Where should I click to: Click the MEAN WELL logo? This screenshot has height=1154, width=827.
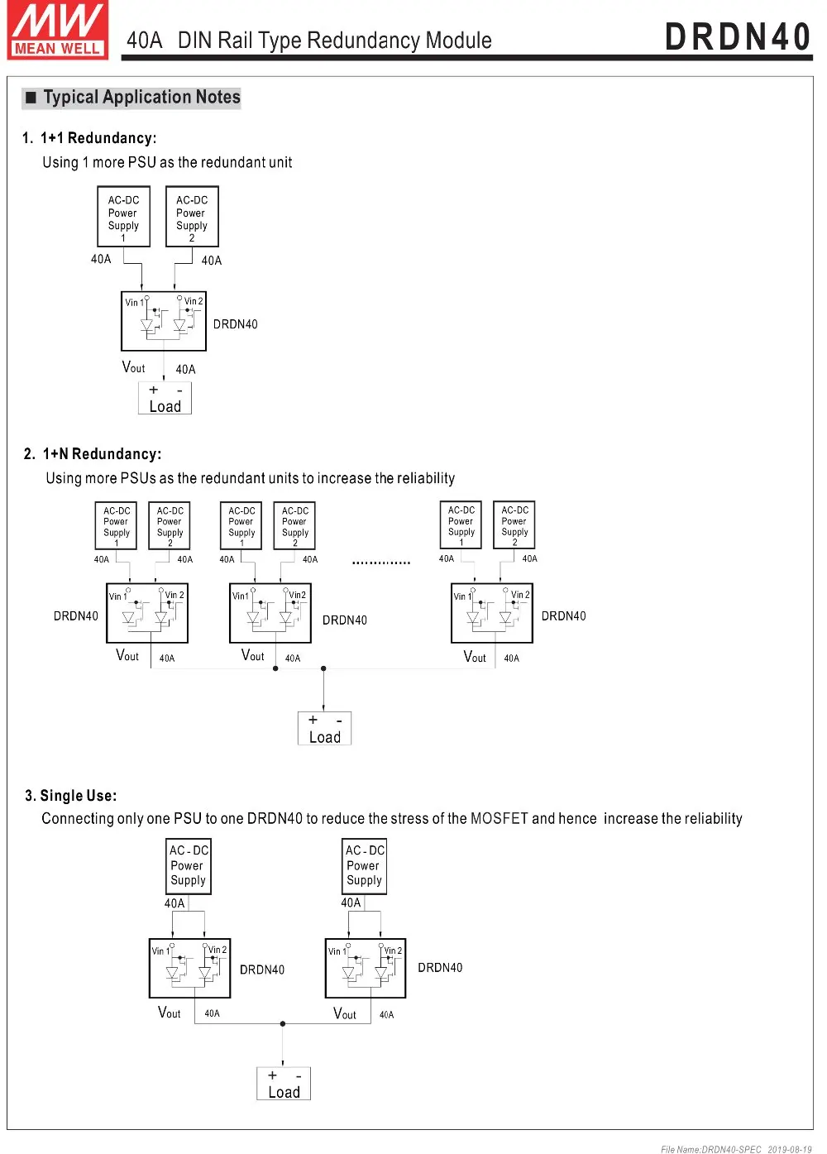click(x=58, y=31)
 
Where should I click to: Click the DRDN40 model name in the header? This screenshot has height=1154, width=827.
click(x=738, y=37)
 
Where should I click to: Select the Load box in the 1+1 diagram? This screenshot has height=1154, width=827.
click(x=165, y=399)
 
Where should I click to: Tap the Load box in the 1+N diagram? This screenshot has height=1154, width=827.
click(x=324, y=729)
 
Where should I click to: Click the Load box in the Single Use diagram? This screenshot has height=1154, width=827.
click(x=284, y=1084)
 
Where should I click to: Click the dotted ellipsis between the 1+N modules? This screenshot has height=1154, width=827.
click(x=380, y=563)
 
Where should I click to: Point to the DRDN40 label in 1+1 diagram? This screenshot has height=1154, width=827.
click(x=236, y=324)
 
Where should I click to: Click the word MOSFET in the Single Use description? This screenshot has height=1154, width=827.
click(x=499, y=819)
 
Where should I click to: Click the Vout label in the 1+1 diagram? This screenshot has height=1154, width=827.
click(x=133, y=367)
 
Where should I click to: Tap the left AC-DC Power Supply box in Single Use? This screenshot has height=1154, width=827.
click(x=189, y=865)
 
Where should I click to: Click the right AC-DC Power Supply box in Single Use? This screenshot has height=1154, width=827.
click(x=365, y=865)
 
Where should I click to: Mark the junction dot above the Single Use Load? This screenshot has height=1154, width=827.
click(x=283, y=1024)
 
